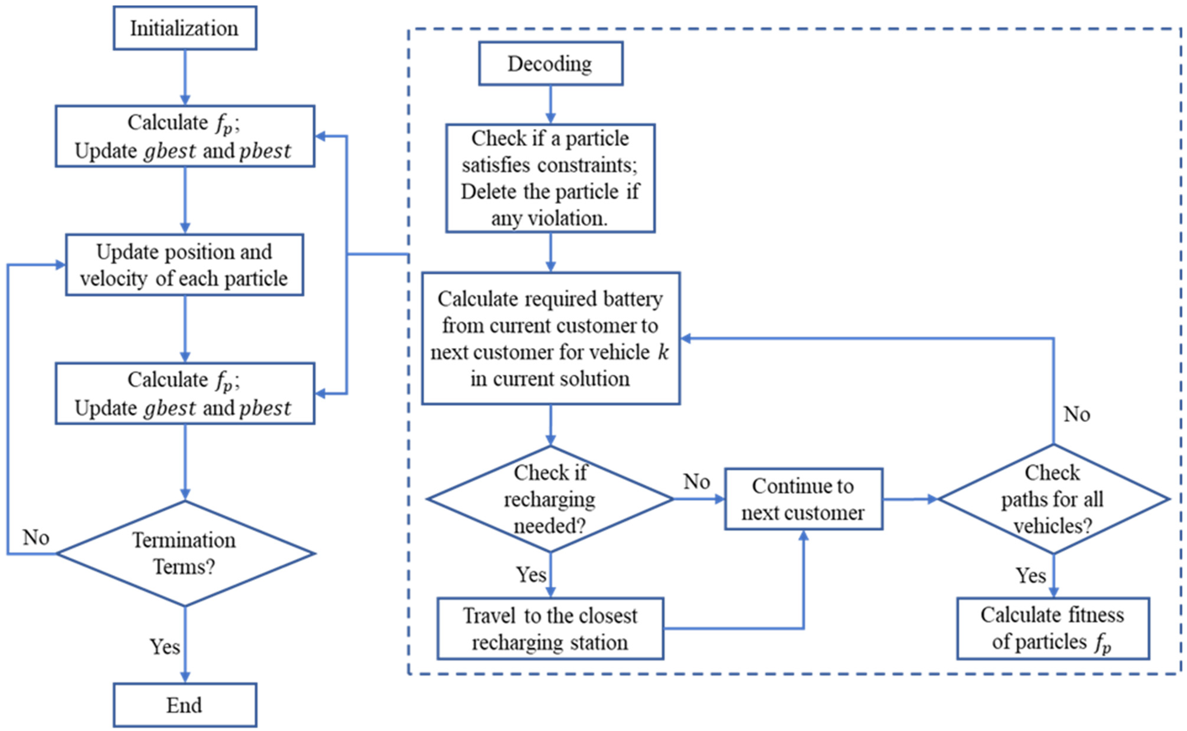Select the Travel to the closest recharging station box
(x=550, y=629)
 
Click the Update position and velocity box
(x=184, y=265)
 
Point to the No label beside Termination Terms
(x=36, y=537)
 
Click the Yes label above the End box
(x=164, y=646)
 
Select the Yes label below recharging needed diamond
(x=531, y=574)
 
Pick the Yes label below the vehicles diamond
(x=1030, y=575)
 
